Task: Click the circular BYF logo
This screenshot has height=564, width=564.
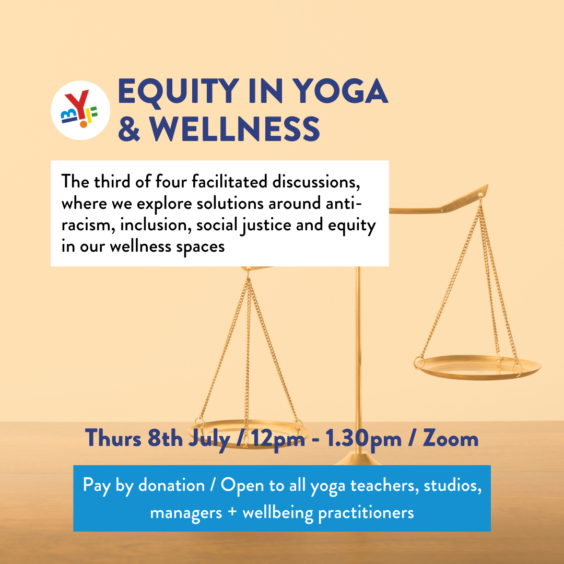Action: point(80,110)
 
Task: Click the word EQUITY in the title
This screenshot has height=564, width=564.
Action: point(179,91)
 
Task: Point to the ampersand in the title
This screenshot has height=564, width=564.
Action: point(129,129)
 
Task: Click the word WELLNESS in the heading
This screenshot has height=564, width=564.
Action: point(235,129)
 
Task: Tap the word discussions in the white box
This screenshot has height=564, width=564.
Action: point(316,182)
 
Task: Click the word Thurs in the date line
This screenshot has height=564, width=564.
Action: point(113,439)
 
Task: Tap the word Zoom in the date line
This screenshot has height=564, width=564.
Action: point(450,439)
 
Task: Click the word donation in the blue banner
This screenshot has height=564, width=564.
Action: point(172,485)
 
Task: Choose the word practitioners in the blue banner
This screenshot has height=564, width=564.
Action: point(366,513)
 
